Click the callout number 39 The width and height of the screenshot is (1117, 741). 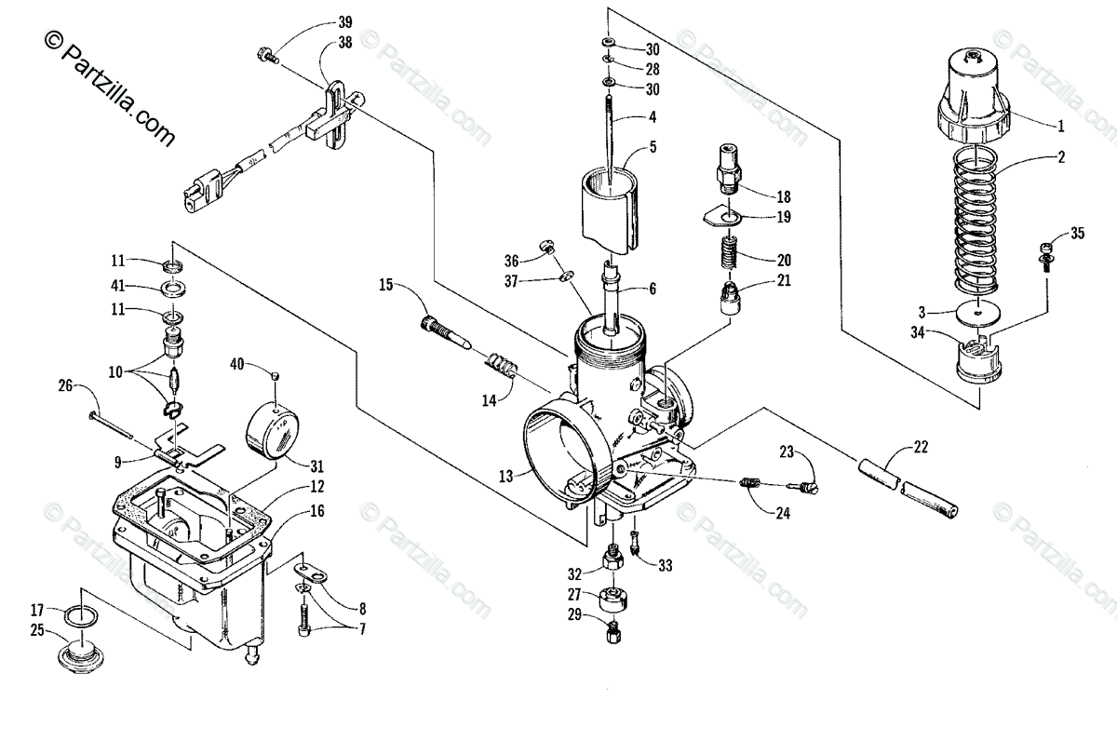[345, 22]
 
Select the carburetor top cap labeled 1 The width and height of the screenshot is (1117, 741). [974, 96]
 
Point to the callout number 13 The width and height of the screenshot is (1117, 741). [505, 477]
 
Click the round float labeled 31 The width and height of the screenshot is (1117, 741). [272, 431]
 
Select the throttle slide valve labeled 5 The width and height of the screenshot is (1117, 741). [610, 209]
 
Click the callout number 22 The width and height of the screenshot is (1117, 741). [921, 447]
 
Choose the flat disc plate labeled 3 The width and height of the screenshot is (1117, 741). [978, 314]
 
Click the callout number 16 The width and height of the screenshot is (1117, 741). [317, 511]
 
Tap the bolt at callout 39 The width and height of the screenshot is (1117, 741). [267, 54]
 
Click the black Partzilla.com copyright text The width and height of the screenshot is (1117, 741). [110, 88]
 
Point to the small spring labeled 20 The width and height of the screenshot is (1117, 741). [730, 253]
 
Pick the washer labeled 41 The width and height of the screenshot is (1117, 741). [173, 289]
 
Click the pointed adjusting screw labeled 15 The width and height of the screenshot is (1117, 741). [446, 332]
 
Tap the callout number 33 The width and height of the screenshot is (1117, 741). [666, 565]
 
